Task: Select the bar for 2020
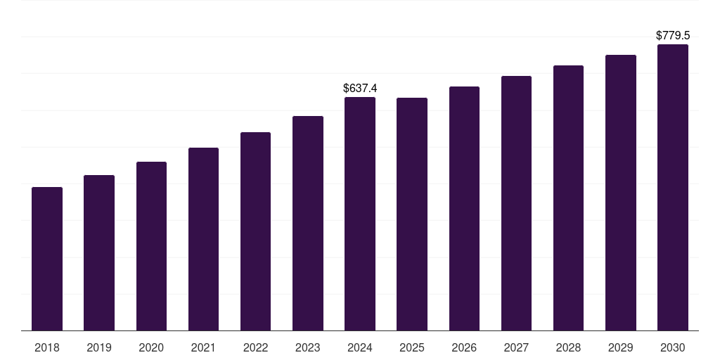point(151,246)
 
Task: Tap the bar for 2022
point(255,231)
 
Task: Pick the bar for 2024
point(360,214)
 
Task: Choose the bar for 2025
point(412,214)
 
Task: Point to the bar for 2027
point(516,203)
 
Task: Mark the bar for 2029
point(621,193)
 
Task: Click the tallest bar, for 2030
point(673,188)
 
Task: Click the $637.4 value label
point(360,88)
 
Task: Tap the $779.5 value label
point(673,35)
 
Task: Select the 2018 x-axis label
point(47,347)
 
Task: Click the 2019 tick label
point(99,347)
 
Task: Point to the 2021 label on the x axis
point(203,347)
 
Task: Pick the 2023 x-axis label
point(308,347)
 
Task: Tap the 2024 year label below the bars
point(360,347)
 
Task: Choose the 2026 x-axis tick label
point(464,347)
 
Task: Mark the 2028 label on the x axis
point(568,347)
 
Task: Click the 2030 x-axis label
point(673,347)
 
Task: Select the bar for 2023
point(308,224)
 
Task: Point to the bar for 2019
point(99,253)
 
